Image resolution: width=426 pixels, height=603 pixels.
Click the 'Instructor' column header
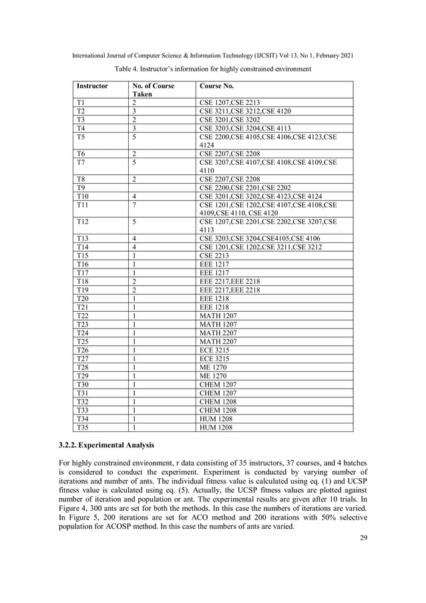click(x=92, y=86)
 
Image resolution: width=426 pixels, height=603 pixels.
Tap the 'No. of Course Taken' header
click(x=154, y=91)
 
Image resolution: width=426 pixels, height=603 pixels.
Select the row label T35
click(x=83, y=427)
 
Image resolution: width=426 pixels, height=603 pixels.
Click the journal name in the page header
click(x=213, y=55)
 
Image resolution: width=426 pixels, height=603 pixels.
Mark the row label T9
click(x=81, y=188)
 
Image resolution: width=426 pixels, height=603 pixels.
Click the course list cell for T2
click(x=245, y=111)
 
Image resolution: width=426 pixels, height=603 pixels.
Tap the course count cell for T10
click(x=134, y=196)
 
